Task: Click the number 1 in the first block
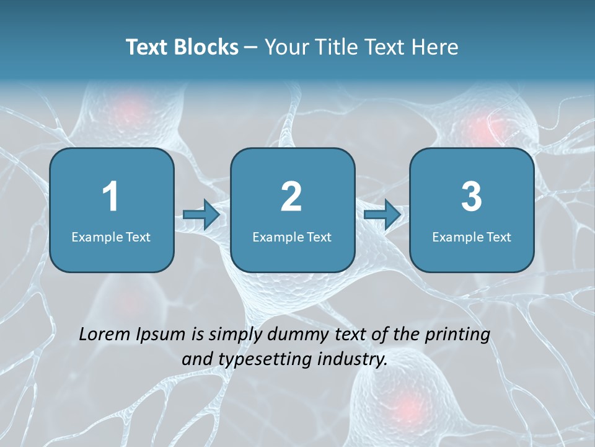pos(110,197)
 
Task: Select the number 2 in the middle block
pos(291,197)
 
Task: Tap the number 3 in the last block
pos(472,197)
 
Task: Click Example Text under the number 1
pos(111,237)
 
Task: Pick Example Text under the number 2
pos(292,237)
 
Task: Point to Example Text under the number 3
pos(472,237)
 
